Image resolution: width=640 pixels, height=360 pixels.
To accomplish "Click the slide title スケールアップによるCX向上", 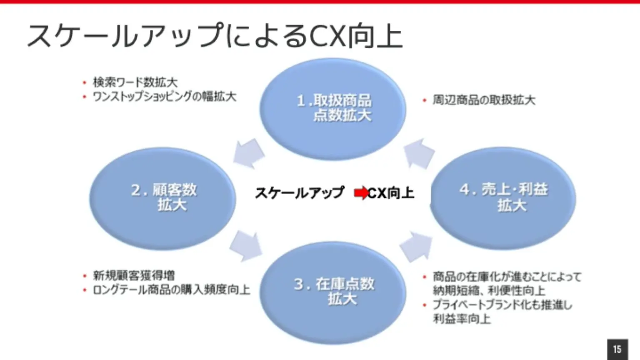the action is click(215, 36).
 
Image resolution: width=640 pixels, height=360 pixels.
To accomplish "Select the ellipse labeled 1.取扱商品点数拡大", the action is click(332, 109).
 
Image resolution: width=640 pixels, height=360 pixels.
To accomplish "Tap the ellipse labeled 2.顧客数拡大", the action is click(162, 198).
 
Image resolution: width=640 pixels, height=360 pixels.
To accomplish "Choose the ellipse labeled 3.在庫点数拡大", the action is click(333, 292).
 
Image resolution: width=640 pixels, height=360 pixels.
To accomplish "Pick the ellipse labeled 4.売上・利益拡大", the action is click(503, 198).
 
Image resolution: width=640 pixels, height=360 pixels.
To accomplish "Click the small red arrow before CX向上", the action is click(361, 193).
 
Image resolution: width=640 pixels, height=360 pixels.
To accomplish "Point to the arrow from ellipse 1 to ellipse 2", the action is click(249, 153).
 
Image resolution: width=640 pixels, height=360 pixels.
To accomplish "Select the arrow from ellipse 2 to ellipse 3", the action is click(246, 245).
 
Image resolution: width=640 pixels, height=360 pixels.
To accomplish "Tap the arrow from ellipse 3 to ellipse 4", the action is click(416, 246).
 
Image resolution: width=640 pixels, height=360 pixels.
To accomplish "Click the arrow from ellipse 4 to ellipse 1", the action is click(419, 153).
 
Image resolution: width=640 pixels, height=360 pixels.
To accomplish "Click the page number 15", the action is click(617, 349).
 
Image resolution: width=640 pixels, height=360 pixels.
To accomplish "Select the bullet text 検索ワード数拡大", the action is click(135, 82).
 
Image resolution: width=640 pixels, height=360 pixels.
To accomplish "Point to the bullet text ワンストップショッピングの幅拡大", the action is click(164, 97).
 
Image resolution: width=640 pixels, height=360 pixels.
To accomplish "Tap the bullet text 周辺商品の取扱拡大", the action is click(484, 100).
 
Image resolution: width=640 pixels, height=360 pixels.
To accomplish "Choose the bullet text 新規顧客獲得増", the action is click(134, 275).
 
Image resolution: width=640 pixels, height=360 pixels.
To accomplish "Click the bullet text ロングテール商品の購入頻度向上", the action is click(171, 290).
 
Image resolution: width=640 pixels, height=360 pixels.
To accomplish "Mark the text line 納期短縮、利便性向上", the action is click(489, 290).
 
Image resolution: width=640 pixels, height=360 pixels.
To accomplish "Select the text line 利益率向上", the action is click(462, 319).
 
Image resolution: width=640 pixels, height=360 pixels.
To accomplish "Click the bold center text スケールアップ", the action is click(300, 193).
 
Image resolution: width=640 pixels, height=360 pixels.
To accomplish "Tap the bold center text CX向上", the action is click(391, 193).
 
